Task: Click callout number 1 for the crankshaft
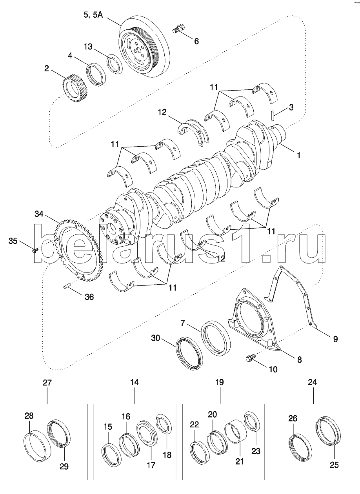(298, 155)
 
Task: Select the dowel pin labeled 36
(67, 288)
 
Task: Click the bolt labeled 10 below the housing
(250, 358)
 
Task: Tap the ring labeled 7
(216, 338)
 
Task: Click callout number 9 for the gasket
(335, 339)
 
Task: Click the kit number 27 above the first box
(47, 383)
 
